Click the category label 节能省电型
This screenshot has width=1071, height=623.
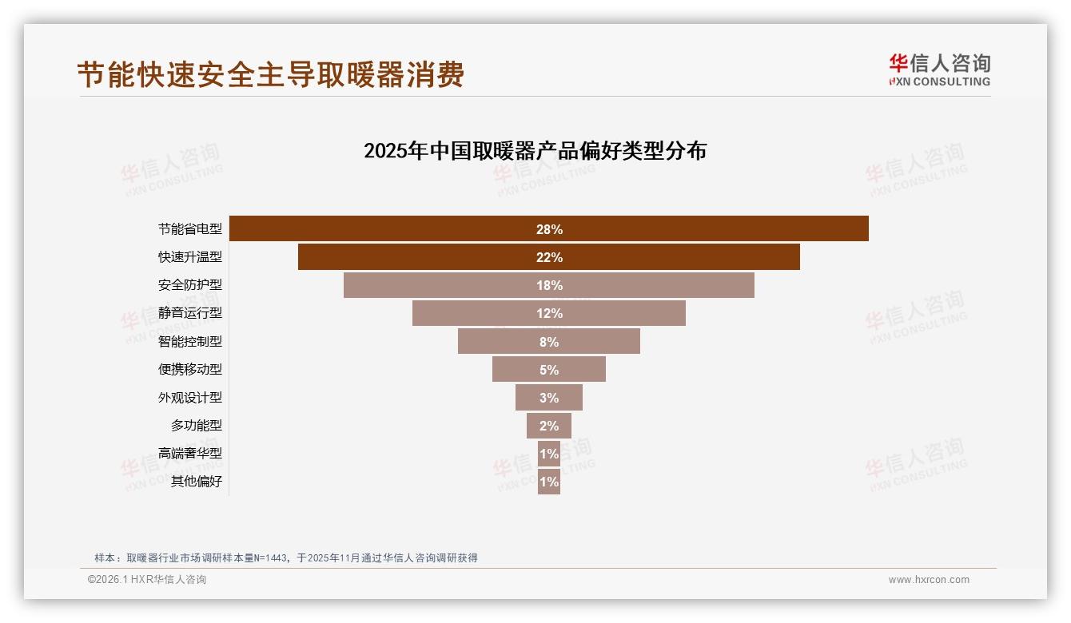coord(190,229)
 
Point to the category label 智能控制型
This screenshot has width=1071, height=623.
coord(190,342)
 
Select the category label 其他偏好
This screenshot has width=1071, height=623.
coord(197,482)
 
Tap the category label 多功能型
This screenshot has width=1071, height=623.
coord(197,426)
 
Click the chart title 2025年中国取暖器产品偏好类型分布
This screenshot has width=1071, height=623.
coord(535,151)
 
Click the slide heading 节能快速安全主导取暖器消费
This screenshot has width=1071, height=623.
coord(270,75)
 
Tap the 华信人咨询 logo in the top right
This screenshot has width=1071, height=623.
coord(939,69)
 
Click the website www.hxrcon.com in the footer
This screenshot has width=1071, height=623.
coord(929,580)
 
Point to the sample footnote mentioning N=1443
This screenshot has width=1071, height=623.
coord(286,558)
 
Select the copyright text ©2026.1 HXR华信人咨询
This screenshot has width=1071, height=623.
coord(147,580)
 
